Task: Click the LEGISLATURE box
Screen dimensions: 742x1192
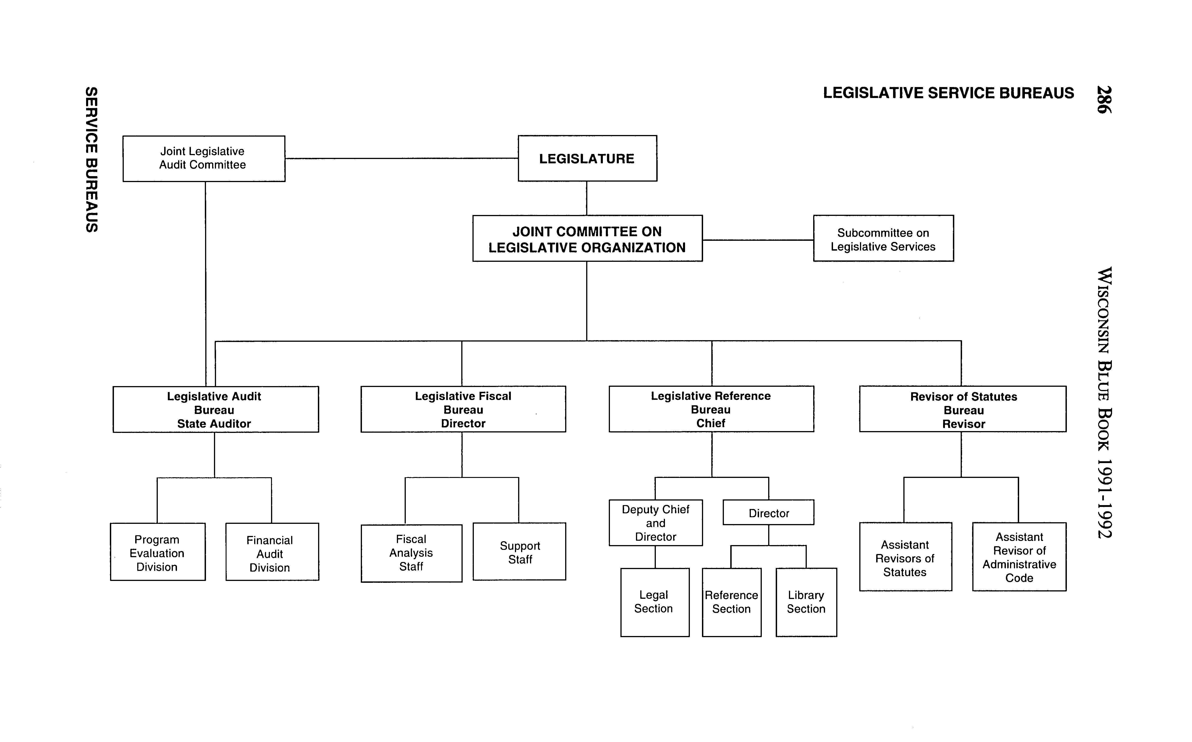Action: pos(587,159)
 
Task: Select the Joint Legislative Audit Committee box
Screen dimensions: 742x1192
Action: pos(203,159)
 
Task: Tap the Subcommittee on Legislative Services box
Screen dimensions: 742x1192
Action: pos(883,238)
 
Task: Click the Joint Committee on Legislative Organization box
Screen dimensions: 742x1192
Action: pos(587,238)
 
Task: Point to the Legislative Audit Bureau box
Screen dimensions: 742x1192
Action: pos(215,409)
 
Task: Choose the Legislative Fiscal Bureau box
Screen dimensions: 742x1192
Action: pos(463,409)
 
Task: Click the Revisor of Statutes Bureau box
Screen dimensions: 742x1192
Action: pos(963,409)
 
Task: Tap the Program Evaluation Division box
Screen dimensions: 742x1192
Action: pos(158,552)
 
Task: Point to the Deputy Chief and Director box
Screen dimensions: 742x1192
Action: pos(655,523)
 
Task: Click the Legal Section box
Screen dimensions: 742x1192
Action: pos(654,602)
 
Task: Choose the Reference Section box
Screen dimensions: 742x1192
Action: pos(731,602)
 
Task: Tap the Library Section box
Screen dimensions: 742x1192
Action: pos(806,602)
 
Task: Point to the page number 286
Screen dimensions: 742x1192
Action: pos(1104,100)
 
